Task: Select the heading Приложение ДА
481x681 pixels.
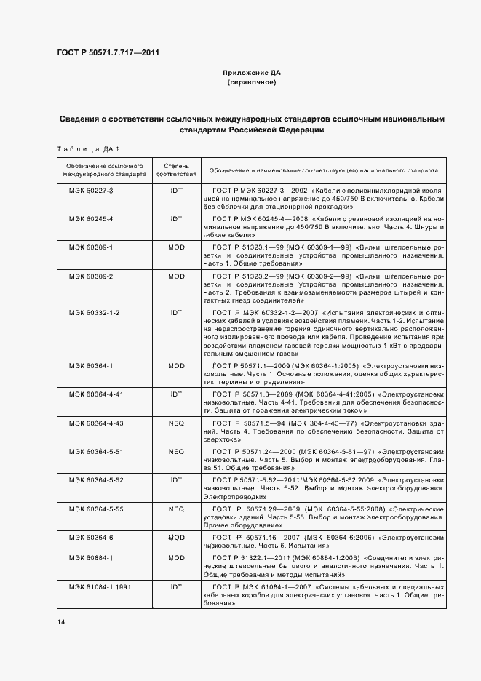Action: point(251,73)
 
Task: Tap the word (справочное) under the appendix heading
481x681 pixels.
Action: point(251,83)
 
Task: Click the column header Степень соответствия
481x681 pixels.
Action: point(176,170)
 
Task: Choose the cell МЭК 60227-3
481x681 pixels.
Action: point(87,190)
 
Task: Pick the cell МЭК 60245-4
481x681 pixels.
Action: point(87,218)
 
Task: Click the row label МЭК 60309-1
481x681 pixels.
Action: point(87,247)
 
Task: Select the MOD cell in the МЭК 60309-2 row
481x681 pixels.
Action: point(176,276)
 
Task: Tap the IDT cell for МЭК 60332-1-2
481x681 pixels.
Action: point(176,312)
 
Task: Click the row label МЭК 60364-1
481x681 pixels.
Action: point(87,365)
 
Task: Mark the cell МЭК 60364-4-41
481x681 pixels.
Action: point(91,394)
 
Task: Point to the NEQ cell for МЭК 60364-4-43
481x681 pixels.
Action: point(176,423)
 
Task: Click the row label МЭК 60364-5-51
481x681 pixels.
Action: point(91,451)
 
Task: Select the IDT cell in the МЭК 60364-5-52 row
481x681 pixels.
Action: point(176,480)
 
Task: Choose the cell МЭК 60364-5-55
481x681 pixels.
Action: point(91,509)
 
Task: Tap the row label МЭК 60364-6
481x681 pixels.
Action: point(87,537)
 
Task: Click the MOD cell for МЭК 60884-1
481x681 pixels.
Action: point(176,557)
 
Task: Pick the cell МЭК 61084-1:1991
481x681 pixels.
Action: point(94,586)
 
